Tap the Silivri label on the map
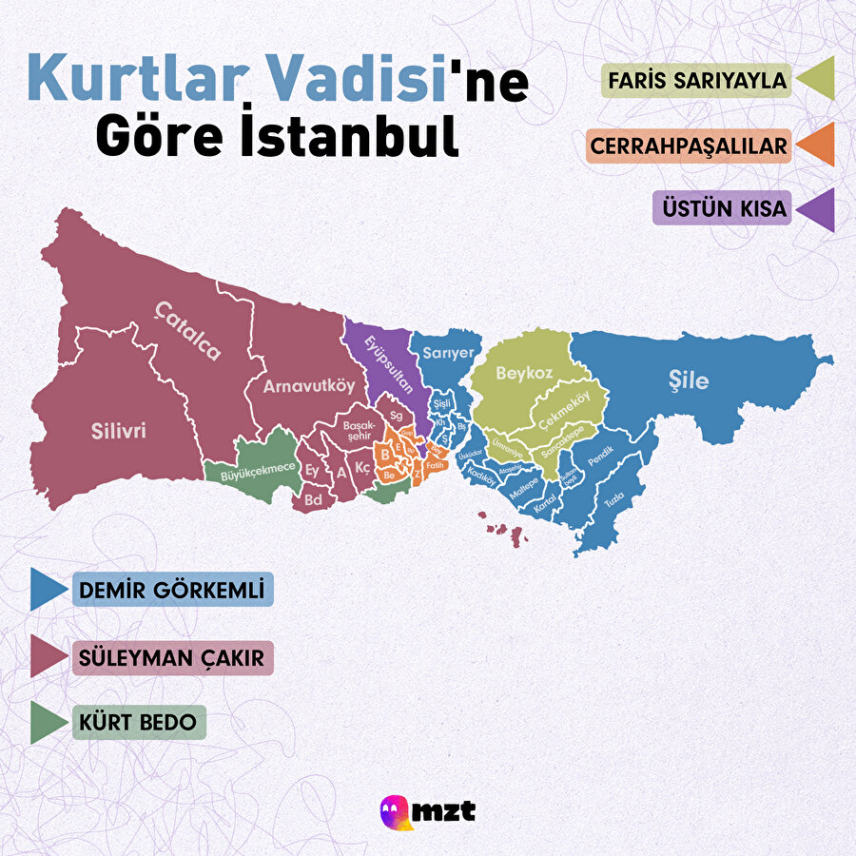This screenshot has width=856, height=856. click(119, 431)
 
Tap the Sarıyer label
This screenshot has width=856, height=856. click(448, 352)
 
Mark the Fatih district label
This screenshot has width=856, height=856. click(435, 466)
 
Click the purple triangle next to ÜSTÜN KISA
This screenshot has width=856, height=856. click(817, 209)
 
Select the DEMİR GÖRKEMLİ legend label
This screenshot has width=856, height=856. click(172, 590)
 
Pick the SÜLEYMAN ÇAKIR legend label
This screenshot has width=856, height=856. click(172, 657)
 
